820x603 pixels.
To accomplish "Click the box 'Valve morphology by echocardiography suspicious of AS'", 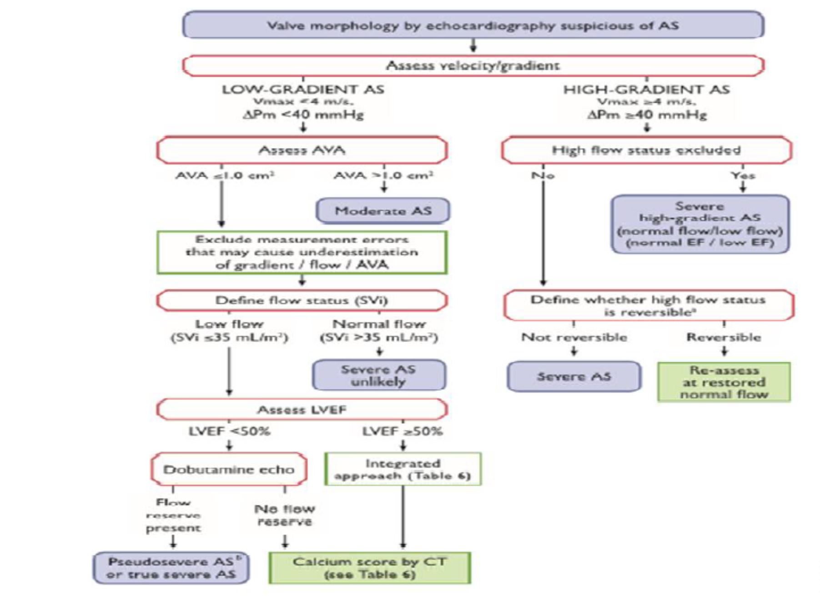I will pyautogui.click(x=473, y=25).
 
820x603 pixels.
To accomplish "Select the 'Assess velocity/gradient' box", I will pyautogui.click(x=473, y=66).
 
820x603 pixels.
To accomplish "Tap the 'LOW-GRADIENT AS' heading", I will pyautogui.click(x=303, y=90).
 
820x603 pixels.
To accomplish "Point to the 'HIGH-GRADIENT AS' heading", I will pyautogui.click(x=646, y=90).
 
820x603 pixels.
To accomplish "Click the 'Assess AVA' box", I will pyautogui.click(x=302, y=150).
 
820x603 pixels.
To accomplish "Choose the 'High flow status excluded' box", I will pyautogui.click(x=646, y=150).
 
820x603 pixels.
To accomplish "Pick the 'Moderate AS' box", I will pyautogui.click(x=383, y=211).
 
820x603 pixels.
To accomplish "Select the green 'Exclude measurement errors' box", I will pyautogui.click(x=302, y=253).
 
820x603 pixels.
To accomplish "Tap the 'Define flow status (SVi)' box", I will pyautogui.click(x=302, y=301).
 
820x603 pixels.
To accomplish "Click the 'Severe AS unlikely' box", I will pyautogui.click(x=379, y=375).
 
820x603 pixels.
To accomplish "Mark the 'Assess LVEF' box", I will pyautogui.click(x=302, y=410).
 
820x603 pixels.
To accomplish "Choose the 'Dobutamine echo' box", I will pyautogui.click(x=229, y=469).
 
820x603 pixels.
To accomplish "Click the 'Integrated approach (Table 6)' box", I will pyautogui.click(x=403, y=469).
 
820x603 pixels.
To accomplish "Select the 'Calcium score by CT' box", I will pyautogui.click(x=369, y=568).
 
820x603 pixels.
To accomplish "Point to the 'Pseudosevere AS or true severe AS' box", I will pyautogui.click(x=171, y=568).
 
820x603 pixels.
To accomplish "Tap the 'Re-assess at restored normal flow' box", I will pyautogui.click(x=724, y=382).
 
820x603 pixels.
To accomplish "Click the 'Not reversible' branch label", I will pyautogui.click(x=574, y=337).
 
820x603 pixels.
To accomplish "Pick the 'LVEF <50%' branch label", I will pyautogui.click(x=229, y=431).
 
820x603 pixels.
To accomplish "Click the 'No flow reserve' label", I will pyautogui.click(x=285, y=515).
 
